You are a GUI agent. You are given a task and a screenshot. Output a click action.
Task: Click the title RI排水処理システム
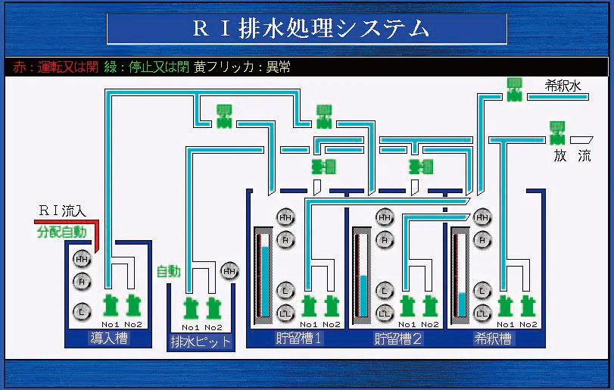[x=307, y=29]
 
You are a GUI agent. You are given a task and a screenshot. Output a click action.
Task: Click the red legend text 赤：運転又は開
[x=56, y=67]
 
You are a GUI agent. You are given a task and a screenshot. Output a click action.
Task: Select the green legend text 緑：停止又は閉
[x=146, y=67]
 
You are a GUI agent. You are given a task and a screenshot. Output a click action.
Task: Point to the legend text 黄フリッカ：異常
[x=242, y=67]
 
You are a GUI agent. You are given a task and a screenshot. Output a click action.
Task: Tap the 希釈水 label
[x=562, y=86]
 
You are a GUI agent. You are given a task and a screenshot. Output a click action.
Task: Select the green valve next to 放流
[x=557, y=132]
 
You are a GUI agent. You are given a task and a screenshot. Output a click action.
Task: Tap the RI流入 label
[x=64, y=211]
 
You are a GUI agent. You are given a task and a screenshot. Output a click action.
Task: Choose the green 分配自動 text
[x=61, y=232]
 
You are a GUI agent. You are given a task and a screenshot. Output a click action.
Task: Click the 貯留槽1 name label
[x=299, y=338]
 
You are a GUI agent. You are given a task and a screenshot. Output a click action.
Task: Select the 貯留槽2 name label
[x=397, y=338]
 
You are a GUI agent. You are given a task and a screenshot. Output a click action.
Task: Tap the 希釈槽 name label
[x=493, y=338]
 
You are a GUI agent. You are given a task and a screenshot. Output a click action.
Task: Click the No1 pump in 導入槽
[x=111, y=306]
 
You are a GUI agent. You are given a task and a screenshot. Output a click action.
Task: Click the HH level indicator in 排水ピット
[x=229, y=270]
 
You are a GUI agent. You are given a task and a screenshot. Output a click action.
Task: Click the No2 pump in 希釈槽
[x=528, y=306]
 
